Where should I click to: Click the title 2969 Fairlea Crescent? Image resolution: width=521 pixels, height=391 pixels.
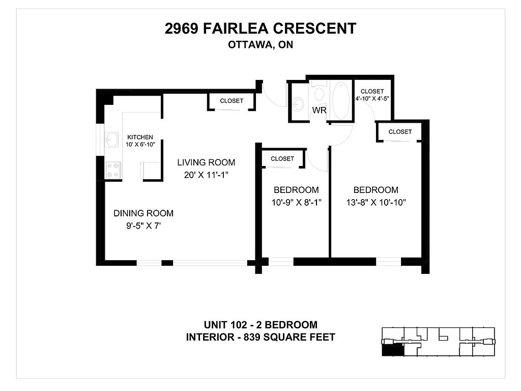[260, 29]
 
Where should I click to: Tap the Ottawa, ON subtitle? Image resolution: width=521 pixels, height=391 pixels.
[260, 45]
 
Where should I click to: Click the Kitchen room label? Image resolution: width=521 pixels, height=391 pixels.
[140, 137]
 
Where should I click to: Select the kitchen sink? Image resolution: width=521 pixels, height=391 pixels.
[111, 139]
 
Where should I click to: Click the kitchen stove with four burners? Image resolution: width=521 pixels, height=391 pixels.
[113, 170]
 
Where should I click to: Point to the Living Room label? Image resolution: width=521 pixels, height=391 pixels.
[206, 162]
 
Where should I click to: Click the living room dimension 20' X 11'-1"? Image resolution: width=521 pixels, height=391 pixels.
[206, 175]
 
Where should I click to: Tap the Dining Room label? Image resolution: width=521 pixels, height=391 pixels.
[143, 213]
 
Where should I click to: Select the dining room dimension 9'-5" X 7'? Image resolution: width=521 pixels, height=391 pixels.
[143, 226]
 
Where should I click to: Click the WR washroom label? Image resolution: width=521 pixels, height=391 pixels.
[320, 110]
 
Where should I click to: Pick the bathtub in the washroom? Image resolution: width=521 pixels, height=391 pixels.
[341, 100]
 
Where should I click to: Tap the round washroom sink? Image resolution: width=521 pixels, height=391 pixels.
[298, 104]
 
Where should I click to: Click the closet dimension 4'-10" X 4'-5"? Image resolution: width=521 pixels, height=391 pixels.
[372, 99]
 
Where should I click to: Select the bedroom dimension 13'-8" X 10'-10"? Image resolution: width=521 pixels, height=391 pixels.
[376, 203]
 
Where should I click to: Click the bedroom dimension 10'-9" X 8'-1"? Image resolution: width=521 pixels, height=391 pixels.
[297, 203]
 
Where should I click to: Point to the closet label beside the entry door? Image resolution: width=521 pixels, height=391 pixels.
[231, 101]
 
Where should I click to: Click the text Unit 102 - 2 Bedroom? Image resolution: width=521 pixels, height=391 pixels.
[260, 324]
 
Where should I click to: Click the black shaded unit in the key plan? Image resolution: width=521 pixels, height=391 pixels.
[393, 350]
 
